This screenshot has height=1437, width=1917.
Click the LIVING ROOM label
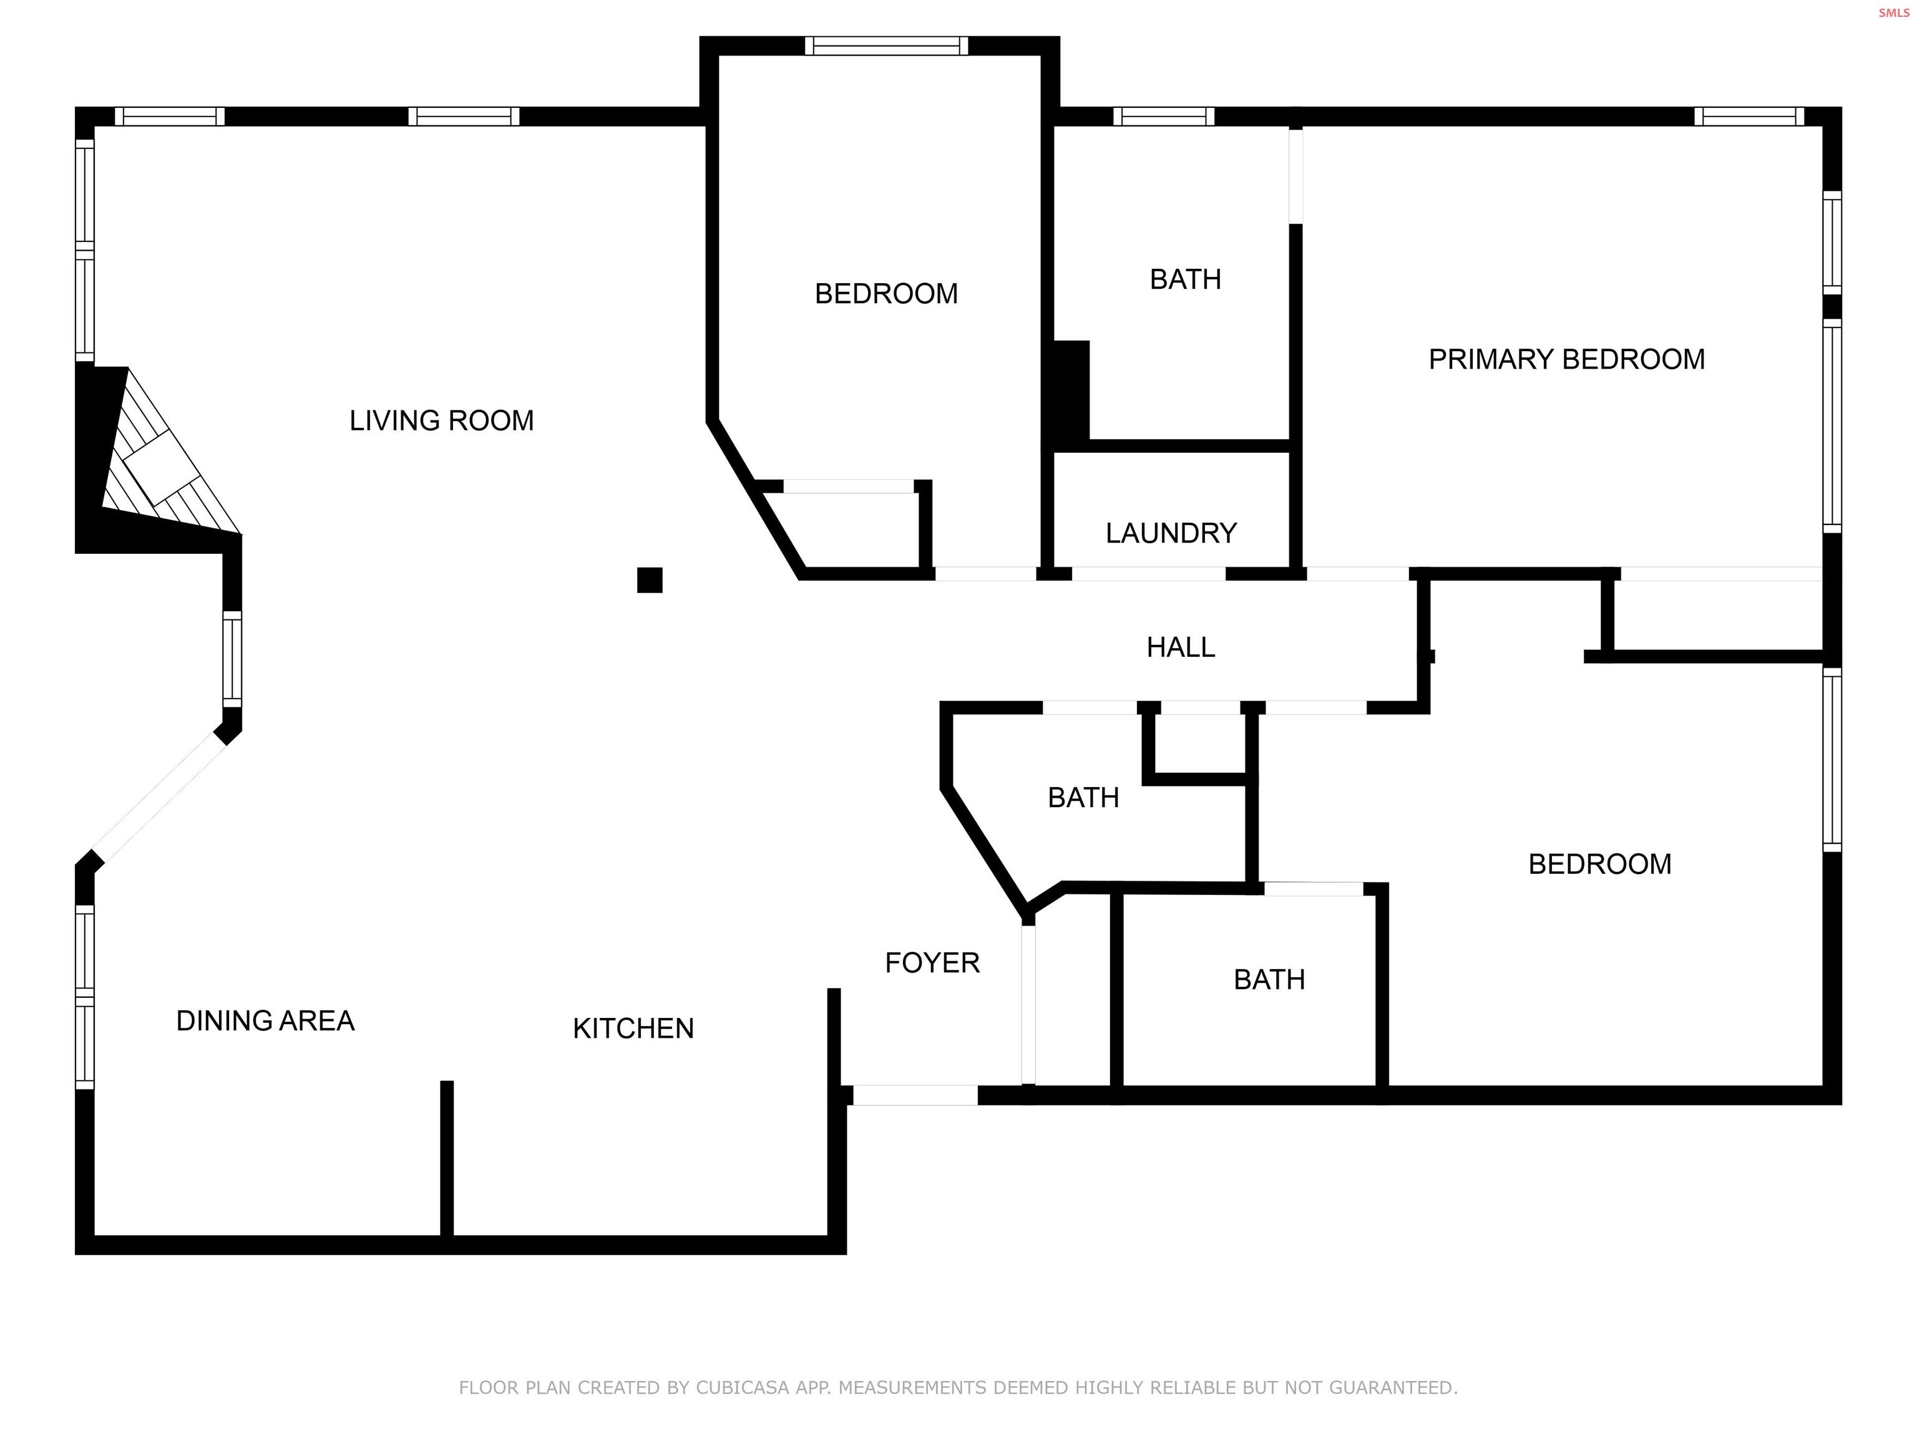pyautogui.click(x=441, y=421)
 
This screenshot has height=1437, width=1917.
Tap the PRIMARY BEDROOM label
pyautogui.click(x=1566, y=359)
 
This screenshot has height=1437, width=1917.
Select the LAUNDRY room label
pyautogui.click(x=1171, y=533)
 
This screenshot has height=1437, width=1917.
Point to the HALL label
pyautogui.click(x=1181, y=647)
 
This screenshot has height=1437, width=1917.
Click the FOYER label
pyautogui.click(x=932, y=962)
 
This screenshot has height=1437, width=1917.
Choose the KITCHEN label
pyautogui.click(x=633, y=1028)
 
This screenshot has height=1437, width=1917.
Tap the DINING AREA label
pyautogui.click(x=265, y=1020)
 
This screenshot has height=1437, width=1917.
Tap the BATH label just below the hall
pyautogui.click(x=1083, y=797)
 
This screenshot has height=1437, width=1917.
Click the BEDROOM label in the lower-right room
pyautogui.click(x=1599, y=864)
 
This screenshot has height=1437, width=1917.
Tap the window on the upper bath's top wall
pyautogui.click(x=1163, y=116)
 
